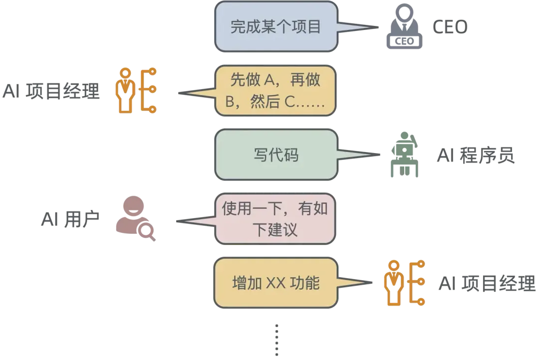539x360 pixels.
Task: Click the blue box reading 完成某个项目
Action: pos(275,27)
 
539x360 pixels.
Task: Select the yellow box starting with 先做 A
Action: pos(275,91)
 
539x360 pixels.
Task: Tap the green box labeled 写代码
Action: pos(276,155)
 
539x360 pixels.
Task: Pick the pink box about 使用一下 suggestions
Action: pos(275,219)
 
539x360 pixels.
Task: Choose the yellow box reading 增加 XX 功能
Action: pos(275,283)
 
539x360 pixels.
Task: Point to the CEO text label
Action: pos(450,28)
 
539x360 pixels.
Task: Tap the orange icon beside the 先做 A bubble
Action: pos(136,91)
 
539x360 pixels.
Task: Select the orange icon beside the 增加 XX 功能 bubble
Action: pos(405,283)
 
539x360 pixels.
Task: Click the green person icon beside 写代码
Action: pos(403,154)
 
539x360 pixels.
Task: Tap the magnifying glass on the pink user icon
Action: pos(148,231)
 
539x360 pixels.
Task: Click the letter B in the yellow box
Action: pos(230,102)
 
